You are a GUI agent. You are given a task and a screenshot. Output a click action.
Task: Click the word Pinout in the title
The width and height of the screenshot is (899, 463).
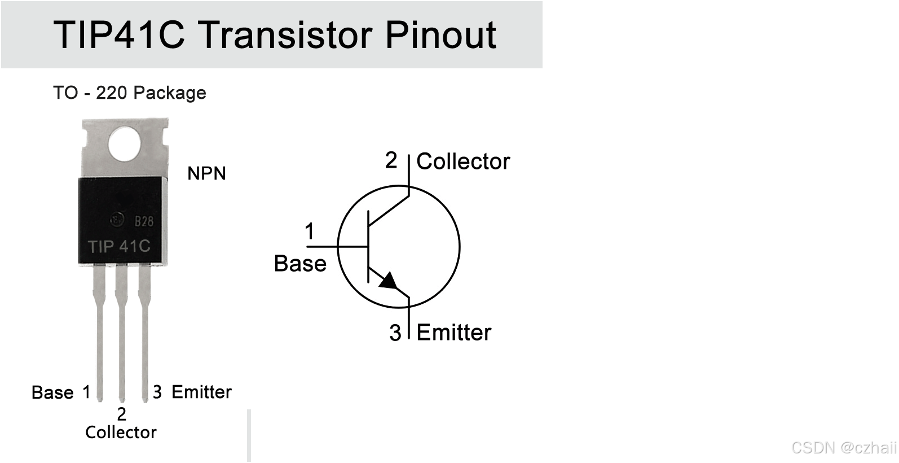pos(440,36)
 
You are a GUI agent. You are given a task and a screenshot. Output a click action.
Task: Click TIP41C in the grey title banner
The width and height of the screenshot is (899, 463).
pos(119,35)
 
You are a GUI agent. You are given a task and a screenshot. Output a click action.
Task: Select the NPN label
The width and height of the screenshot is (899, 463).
pos(206,173)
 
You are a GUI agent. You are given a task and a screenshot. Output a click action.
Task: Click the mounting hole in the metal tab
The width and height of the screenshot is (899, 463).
pos(125,143)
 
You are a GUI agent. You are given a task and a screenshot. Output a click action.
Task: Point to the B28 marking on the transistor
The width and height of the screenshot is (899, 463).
pos(144,221)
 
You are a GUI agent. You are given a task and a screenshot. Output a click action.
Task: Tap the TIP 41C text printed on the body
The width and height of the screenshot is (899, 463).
pos(119,246)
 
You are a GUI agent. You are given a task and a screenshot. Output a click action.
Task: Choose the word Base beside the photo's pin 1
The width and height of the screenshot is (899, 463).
pos(52,392)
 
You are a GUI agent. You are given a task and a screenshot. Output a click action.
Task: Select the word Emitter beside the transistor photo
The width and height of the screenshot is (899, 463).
pos(201,392)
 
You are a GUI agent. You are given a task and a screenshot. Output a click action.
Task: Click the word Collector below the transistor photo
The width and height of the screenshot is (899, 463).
pos(121,433)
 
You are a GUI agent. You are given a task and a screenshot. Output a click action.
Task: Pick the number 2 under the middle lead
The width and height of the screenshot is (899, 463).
pos(121,414)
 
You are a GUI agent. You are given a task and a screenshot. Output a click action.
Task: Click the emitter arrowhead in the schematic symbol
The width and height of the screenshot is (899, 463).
pos(389,280)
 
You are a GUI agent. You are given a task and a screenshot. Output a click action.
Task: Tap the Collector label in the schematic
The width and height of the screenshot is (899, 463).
pos(463,161)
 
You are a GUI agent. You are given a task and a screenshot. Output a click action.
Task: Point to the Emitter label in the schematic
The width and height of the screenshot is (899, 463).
pos(453,333)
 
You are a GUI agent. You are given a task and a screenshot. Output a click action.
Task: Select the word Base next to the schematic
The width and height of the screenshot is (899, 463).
pos(300,264)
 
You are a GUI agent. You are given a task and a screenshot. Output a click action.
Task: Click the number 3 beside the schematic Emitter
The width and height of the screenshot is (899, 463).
pos(395,333)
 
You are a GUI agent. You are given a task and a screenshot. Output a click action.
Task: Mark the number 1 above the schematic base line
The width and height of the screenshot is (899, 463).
pos(310,231)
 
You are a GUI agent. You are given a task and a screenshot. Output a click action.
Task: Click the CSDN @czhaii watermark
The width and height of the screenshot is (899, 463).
pos(844,448)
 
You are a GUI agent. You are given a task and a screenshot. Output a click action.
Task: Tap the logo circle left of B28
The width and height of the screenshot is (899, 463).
pos(117,220)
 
